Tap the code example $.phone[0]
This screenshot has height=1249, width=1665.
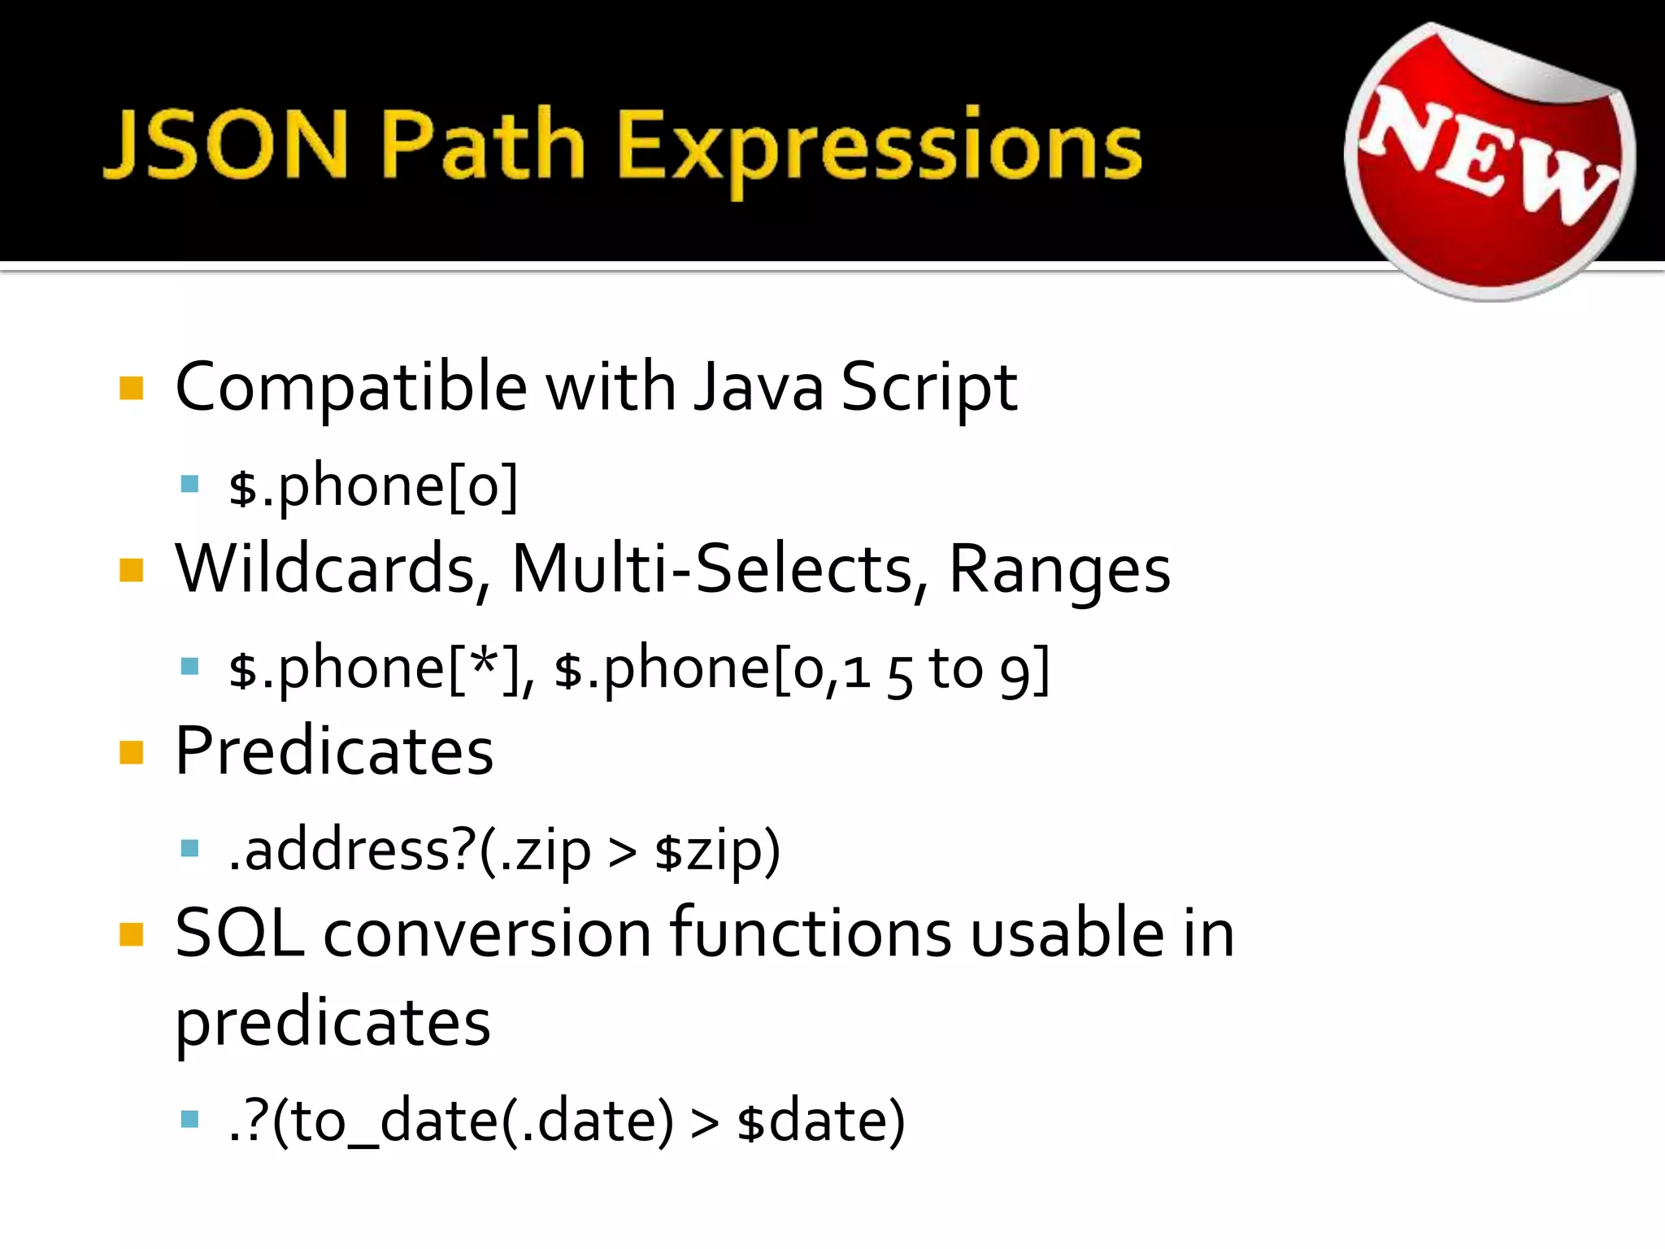(372, 486)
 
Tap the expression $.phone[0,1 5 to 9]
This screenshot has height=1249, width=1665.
(801, 669)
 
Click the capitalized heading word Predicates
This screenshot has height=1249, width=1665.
(334, 751)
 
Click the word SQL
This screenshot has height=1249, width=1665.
(239, 933)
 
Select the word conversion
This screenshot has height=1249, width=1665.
(487, 933)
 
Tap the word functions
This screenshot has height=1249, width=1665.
(810, 933)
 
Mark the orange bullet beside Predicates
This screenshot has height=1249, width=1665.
(131, 752)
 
